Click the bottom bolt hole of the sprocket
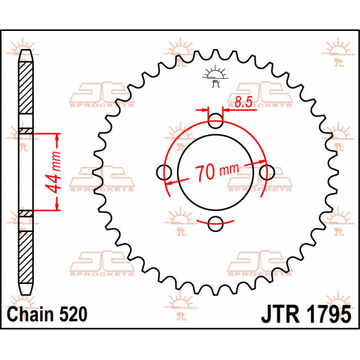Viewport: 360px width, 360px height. [215, 224]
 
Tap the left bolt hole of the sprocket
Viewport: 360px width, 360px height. [164, 172]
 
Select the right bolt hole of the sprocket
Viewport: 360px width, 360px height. [267, 172]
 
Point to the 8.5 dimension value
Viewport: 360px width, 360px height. [243, 102]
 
